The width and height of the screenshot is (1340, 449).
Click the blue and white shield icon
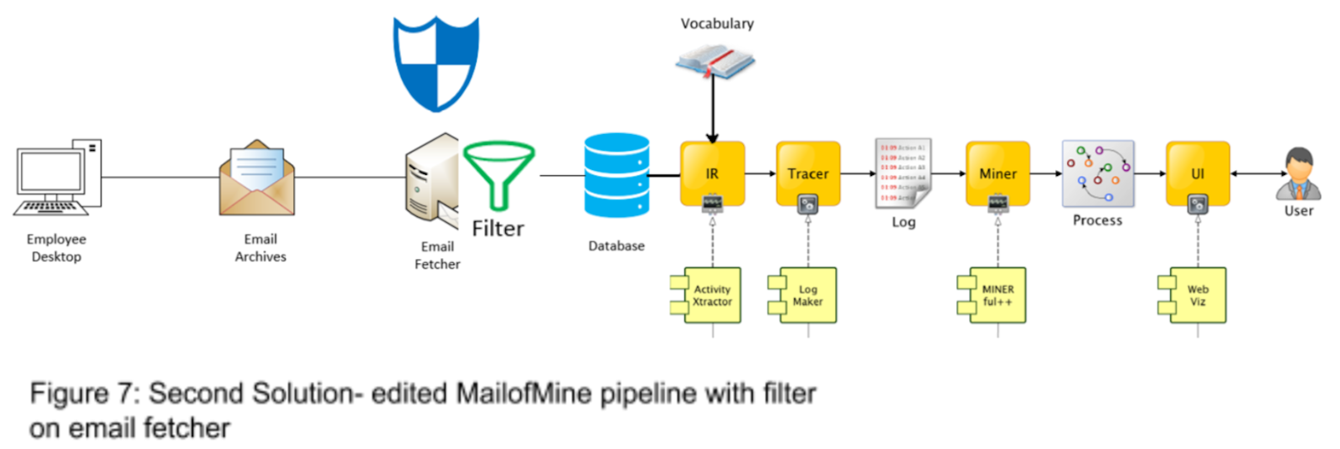pos(436,64)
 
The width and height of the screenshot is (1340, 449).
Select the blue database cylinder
pos(616,176)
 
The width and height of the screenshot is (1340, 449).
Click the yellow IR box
pos(712,173)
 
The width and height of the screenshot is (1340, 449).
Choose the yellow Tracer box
pos(807,173)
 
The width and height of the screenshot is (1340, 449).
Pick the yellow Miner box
pos(997,173)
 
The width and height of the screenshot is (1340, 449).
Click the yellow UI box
pos(1198,173)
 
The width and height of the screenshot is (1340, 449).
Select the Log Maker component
pos(805,296)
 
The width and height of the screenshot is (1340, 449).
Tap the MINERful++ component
pos(995,296)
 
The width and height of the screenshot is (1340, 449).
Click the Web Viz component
pos(1195,296)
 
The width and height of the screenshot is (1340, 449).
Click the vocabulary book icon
pos(715,61)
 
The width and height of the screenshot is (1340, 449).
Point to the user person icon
pos(1298,173)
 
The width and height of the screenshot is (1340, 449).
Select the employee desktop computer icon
pos(59,178)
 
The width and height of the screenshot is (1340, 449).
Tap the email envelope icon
pos(257,178)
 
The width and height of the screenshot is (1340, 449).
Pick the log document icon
pos(903,173)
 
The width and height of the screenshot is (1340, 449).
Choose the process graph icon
pos(1098,173)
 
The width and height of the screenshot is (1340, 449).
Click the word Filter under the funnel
pos(497,229)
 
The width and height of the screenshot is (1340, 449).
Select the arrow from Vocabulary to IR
pos(712,109)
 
